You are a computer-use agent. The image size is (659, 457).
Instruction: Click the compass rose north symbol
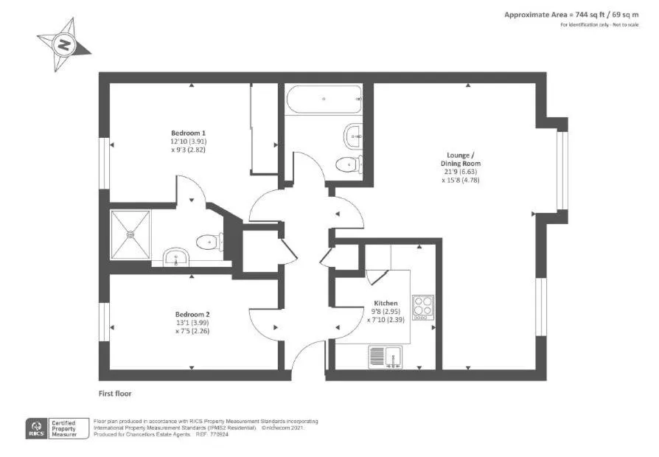pos(65,45)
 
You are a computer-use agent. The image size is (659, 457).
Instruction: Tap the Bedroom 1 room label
pos(188,133)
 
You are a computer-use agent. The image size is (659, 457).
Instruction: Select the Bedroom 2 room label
pos(192,313)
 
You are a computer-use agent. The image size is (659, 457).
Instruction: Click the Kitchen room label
pos(386,303)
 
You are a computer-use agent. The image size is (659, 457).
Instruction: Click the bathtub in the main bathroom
pos(324,100)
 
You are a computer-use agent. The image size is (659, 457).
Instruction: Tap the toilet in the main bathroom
pos(348,164)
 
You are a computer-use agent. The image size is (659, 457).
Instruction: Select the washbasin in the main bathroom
pos(353,135)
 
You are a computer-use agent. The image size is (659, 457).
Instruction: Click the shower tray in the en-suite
pos(130,235)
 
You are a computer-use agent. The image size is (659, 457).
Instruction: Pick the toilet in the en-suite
pos(209,240)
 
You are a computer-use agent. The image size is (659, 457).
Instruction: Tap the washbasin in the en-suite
pos(176,257)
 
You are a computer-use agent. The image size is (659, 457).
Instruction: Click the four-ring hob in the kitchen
pos(422,306)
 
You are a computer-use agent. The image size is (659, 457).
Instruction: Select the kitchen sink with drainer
pos(386,357)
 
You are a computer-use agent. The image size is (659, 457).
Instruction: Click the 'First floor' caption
pos(115,394)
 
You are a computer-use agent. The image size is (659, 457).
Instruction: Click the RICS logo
pos(35,428)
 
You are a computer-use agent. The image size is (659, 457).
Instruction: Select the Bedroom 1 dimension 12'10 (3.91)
pos(188,141)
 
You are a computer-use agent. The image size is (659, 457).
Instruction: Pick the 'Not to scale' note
pos(624,25)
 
